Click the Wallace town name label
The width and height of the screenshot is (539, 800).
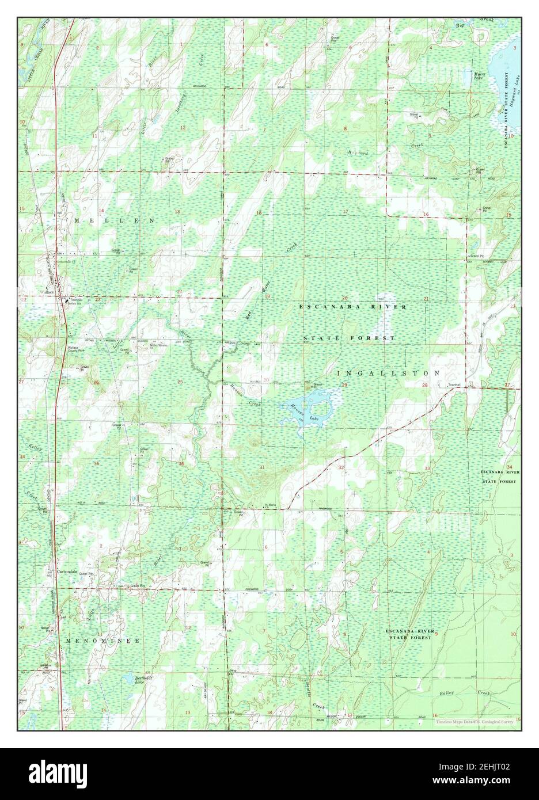click(45, 292)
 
